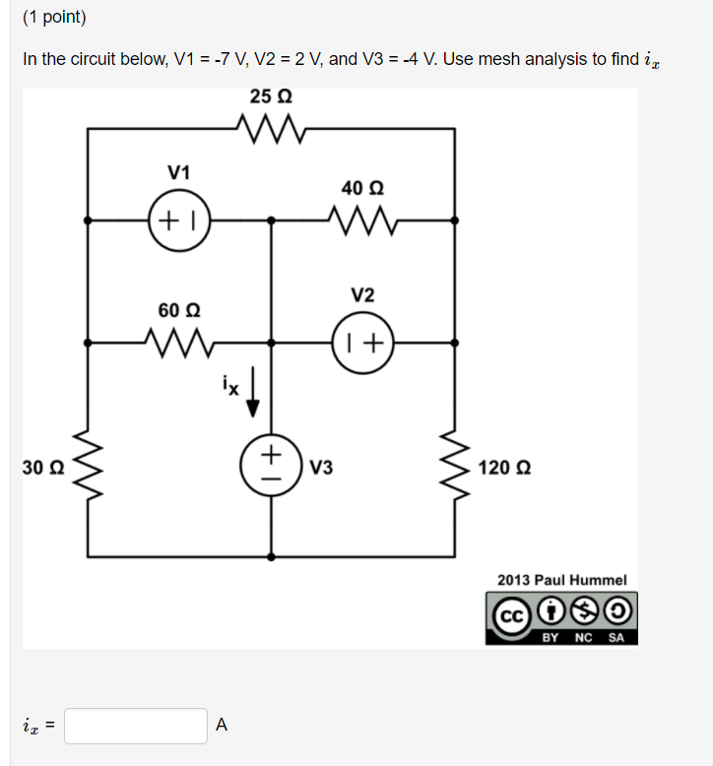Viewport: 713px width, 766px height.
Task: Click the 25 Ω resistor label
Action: pos(271,96)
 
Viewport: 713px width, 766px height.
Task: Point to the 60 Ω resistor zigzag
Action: pos(178,343)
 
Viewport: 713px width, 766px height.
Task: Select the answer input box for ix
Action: pos(136,727)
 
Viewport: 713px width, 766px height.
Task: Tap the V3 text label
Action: pos(321,467)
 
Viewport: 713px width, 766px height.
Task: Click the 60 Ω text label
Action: pos(178,310)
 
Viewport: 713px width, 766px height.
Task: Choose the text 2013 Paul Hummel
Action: pos(561,580)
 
